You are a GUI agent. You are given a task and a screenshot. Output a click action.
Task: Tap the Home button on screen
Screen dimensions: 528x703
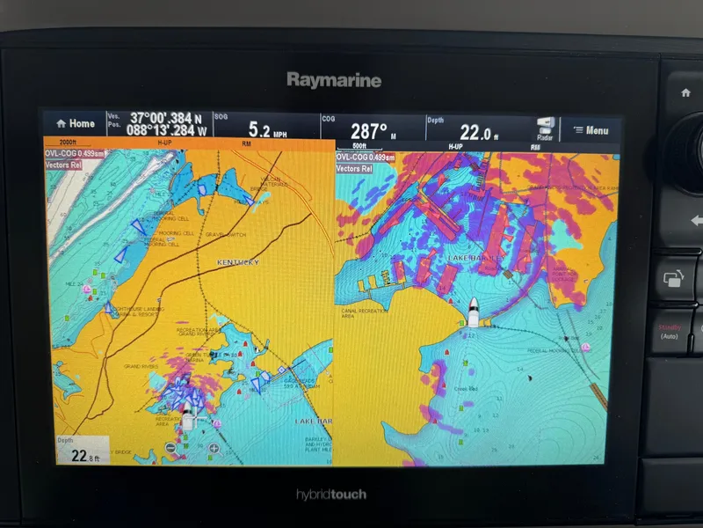tap(76, 124)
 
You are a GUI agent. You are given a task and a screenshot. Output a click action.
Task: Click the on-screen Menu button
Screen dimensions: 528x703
tap(591, 131)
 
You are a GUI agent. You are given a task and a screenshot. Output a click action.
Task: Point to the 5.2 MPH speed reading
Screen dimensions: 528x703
tap(265, 131)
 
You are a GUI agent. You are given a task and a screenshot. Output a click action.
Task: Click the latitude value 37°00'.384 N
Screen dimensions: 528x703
tap(166, 118)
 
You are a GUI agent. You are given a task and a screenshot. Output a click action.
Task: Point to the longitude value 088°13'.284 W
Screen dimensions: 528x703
tap(166, 131)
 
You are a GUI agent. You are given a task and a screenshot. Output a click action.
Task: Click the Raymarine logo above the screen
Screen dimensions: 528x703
tap(334, 81)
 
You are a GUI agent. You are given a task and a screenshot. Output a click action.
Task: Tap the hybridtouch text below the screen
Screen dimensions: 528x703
tap(331, 495)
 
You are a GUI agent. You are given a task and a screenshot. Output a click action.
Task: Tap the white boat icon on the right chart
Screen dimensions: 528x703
tap(473, 310)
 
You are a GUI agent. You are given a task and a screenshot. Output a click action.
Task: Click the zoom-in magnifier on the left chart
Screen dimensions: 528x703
tap(214, 448)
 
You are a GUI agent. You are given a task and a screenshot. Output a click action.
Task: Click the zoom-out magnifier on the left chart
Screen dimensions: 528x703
tap(170, 448)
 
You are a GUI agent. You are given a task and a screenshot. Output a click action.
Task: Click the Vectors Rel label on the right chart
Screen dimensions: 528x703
tap(354, 168)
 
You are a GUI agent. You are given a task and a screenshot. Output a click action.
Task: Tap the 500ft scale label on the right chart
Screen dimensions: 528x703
tap(359, 145)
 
